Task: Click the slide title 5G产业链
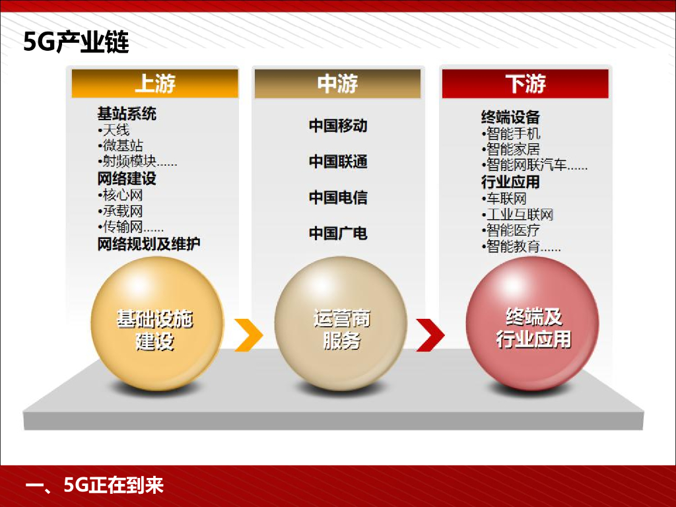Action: pyautogui.click(x=76, y=42)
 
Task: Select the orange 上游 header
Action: pyautogui.click(x=154, y=84)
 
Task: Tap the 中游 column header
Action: pyautogui.click(x=337, y=84)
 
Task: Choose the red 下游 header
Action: pyautogui.click(x=525, y=84)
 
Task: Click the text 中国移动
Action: pyautogui.click(x=337, y=125)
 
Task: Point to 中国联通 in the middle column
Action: pyautogui.click(x=337, y=162)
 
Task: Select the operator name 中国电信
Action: pyautogui.click(x=337, y=197)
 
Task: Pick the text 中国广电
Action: pyautogui.click(x=337, y=233)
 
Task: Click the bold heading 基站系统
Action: pyautogui.click(x=127, y=114)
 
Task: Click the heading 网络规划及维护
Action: pyautogui.click(x=149, y=244)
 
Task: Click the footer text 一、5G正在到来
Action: pyautogui.click(x=94, y=487)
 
